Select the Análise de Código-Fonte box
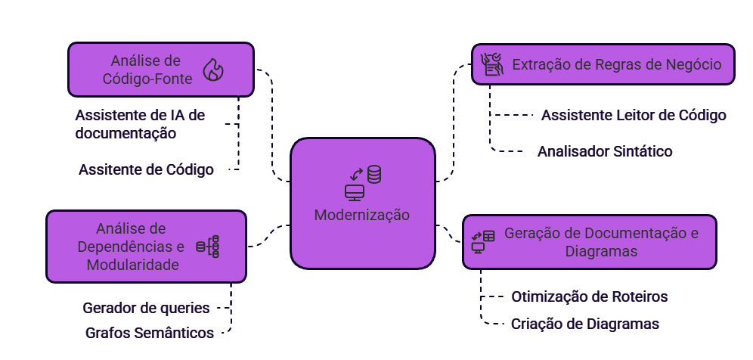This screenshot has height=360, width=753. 161,70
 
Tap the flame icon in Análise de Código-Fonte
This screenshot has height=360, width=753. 214,70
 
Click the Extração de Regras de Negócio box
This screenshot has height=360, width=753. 603,65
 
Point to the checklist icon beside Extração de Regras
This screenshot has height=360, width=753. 492,65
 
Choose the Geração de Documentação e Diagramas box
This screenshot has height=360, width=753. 589,242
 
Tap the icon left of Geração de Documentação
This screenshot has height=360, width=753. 483,242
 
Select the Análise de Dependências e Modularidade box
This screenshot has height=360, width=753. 147,247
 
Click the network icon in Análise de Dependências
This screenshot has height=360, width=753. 208,247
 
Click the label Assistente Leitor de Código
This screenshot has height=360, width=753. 634,116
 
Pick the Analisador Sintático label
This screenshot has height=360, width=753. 605,151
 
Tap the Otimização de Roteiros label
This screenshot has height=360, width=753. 589,296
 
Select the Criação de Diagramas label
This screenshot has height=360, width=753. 584,324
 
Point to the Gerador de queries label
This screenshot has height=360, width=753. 147,308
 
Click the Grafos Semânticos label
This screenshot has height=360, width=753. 149,333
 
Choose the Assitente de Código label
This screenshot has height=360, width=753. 146,170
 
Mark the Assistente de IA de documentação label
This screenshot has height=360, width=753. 140,124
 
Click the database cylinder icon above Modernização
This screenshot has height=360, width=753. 374,175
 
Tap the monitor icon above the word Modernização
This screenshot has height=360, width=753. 354,192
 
